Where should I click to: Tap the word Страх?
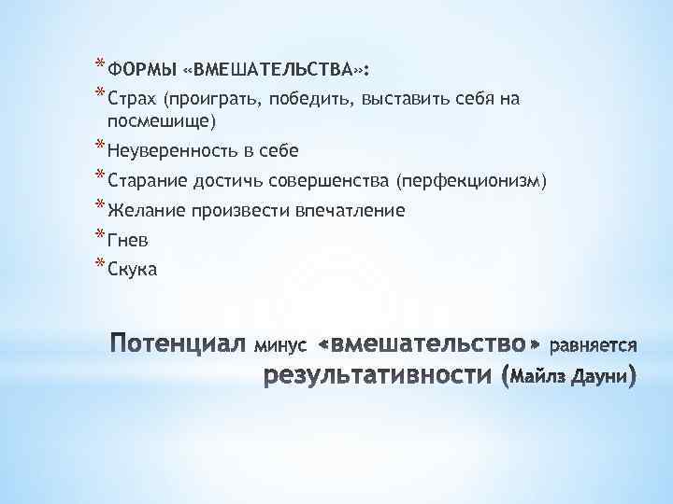134,98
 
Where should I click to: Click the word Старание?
150,180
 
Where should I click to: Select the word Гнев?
129,240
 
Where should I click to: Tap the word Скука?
134,270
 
